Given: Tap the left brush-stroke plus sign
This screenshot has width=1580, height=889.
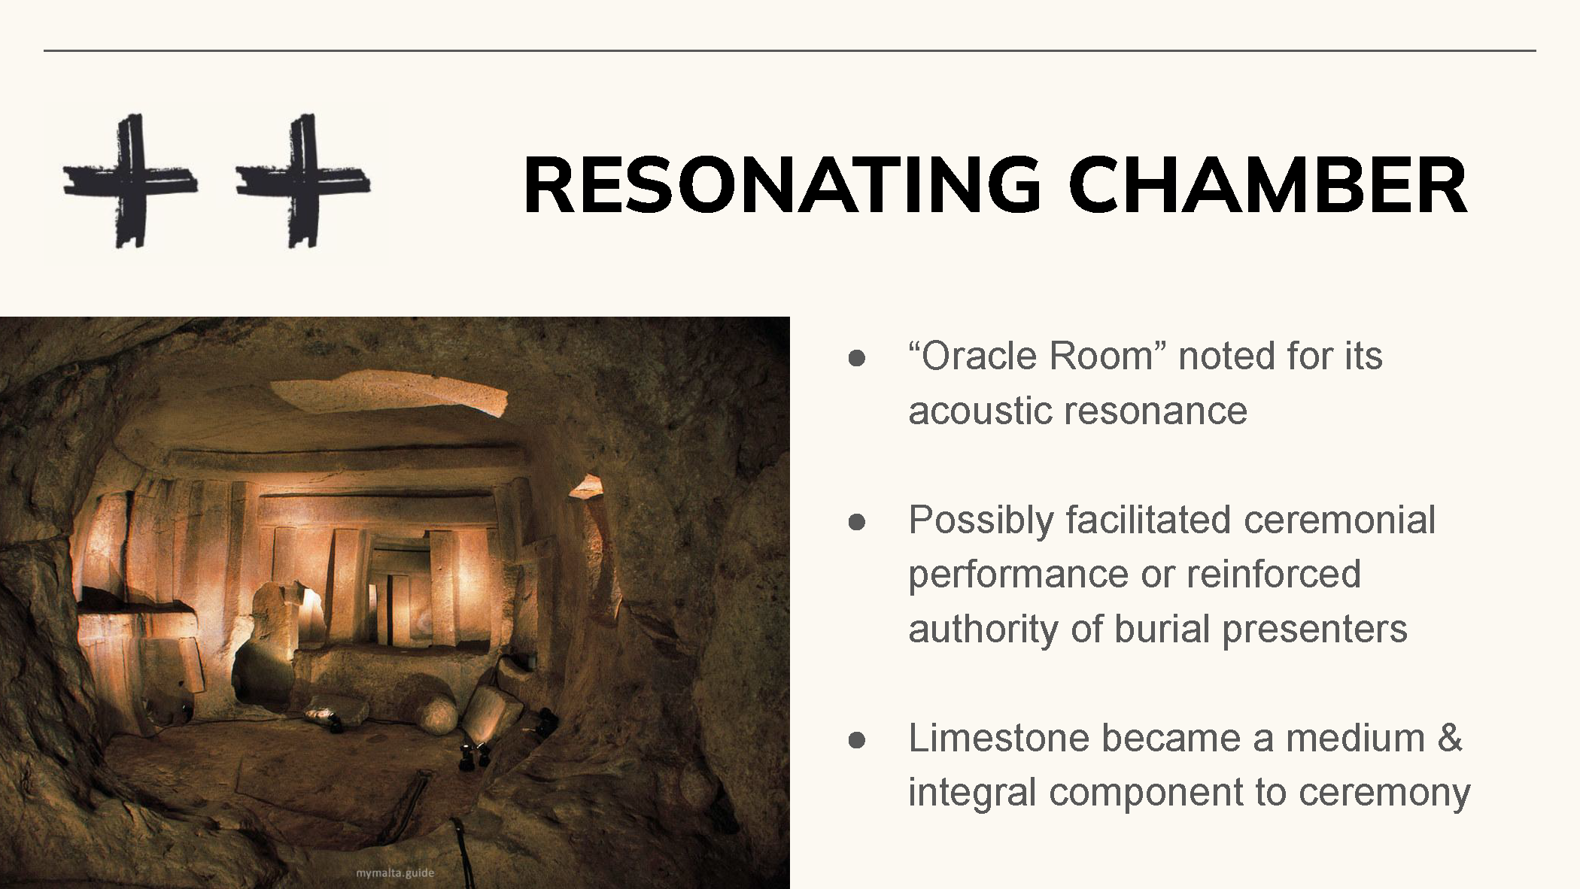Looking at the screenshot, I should pyautogui.click(x=130, y=181).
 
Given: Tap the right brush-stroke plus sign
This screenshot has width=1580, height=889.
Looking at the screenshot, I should pyautogui.click(x=303, y=181).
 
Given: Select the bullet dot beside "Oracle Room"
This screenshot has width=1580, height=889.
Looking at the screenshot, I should pyautogui.click(x=856, y=358).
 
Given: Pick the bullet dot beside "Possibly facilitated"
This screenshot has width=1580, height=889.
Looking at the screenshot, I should pyautogui.click(x=856, y=522).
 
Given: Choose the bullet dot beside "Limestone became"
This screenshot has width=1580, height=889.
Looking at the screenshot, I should pyautogui.click(x=856, y=740).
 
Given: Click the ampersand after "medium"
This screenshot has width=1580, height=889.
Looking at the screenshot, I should pyautogui.click(x=1449, y=739).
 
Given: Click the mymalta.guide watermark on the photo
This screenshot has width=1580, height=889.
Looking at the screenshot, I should pyautogui.click(x=395, y=872).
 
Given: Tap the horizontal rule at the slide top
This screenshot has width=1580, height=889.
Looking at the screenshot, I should pyautogui.click(x=790, y=50).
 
